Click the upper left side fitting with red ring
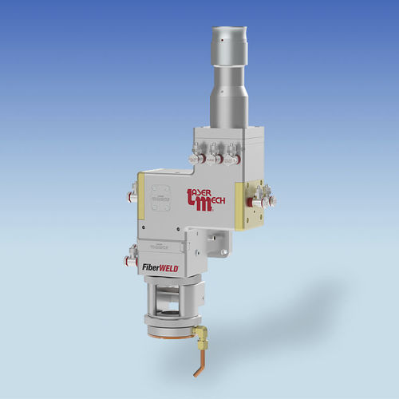pyautogui.click(x=131, y=191)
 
